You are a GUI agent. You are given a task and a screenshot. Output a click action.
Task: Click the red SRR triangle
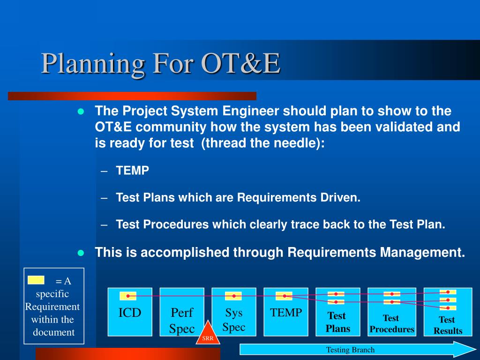208,334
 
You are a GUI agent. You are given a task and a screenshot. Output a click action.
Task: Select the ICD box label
130,313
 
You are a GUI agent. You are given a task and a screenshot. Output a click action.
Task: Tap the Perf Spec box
182,312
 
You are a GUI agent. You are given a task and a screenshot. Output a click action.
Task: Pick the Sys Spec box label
234,320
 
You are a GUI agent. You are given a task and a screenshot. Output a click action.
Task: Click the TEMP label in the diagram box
286,313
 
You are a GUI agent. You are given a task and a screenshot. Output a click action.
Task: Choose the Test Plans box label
337,322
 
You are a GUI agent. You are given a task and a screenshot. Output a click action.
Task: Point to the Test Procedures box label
392,323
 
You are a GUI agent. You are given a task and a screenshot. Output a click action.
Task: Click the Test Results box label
448,325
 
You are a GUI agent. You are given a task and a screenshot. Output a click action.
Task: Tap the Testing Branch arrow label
350,350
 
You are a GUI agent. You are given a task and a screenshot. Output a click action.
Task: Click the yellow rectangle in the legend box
36,280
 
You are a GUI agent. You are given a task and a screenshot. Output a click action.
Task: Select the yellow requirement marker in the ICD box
128,296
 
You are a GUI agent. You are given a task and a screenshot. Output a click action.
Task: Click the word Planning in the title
93,64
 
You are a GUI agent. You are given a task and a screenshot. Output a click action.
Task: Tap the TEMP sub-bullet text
133,171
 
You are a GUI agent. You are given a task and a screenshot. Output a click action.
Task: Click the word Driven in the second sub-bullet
340,197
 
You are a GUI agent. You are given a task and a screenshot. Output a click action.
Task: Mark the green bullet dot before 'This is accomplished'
81,253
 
